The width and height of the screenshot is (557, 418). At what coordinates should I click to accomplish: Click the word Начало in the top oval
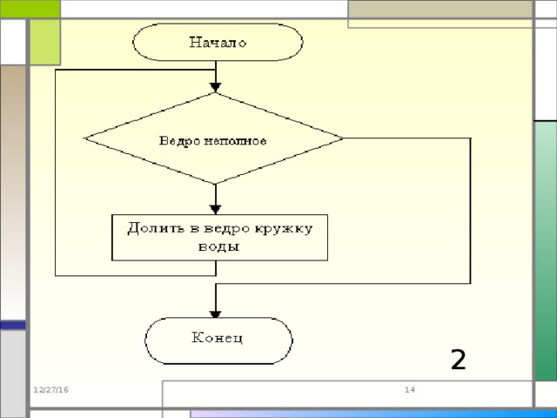click(x=218, y=41)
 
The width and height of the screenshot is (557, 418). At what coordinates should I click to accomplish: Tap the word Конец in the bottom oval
click(x=218, y=337)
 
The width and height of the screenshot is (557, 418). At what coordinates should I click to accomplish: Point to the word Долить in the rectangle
click(x=152, y=228)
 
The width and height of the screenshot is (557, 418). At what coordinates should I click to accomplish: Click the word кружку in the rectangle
click(x=285, y=228)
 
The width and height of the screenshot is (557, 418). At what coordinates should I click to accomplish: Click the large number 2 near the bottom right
click(x=458, y=359)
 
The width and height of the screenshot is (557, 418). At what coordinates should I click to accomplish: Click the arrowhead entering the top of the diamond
click(x=215, y=87)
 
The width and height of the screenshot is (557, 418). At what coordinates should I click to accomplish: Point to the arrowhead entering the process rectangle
click(x=215, y=208)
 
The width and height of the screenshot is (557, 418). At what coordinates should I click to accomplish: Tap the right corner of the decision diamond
click(x=342, y=138)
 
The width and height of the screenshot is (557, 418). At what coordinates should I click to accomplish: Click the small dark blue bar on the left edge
click(x=12, y=325)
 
